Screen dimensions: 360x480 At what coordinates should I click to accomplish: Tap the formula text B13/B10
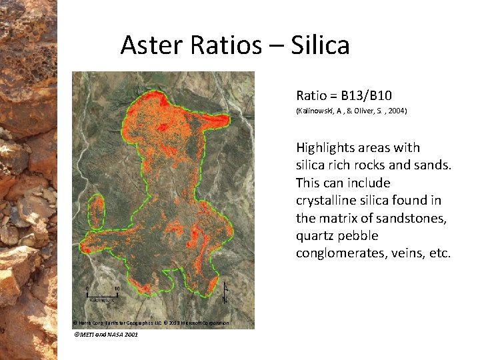[369, 96]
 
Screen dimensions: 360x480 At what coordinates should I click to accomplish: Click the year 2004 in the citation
[395, 111]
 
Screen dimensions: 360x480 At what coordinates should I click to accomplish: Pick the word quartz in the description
[315, 236]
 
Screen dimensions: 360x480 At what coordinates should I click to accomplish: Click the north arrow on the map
[225, 292]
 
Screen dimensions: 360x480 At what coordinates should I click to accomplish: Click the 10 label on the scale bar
[117, 288]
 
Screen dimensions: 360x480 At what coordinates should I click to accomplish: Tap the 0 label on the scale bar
[87, 288]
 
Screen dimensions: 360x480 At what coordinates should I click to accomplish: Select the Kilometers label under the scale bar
[102, 300]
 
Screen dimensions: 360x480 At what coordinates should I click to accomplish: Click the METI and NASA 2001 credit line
[106, 334]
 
